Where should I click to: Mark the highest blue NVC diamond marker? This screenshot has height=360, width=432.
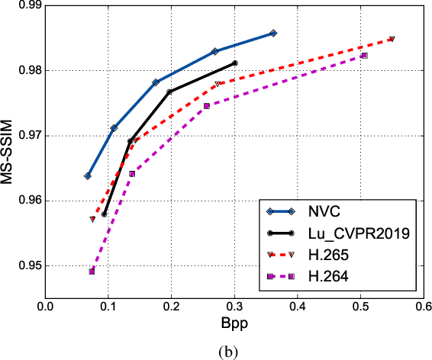point(273,33)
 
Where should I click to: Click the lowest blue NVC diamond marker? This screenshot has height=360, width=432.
point(88,175)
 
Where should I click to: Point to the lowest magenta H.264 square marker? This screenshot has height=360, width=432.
point(92,271)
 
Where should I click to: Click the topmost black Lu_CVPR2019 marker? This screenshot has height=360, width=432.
point(234,63)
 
